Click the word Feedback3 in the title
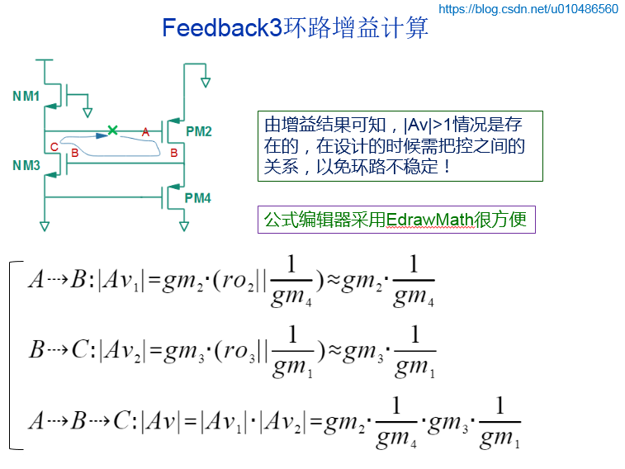[x=222, y=28]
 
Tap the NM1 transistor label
[x=26, y=97]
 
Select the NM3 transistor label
[x=26, y=165]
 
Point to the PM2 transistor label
[x=198, y=131]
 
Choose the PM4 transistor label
[x=198, y=198]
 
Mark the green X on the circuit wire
[x=113, y=130]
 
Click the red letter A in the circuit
[x=145, y=132]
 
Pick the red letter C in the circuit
[x=54, y=148]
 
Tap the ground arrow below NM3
[x=45, y=225]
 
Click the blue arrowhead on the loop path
[x=100, y=135]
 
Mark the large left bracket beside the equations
[x=12, y=355]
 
